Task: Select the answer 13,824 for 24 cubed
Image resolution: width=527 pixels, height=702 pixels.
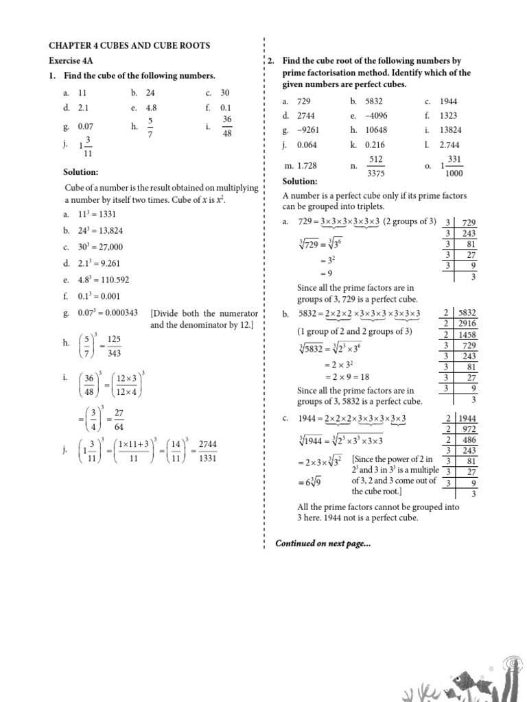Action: [108, 230]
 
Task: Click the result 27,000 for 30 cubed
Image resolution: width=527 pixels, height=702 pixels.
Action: [108, 247]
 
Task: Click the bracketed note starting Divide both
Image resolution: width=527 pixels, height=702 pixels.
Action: [204, 319]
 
